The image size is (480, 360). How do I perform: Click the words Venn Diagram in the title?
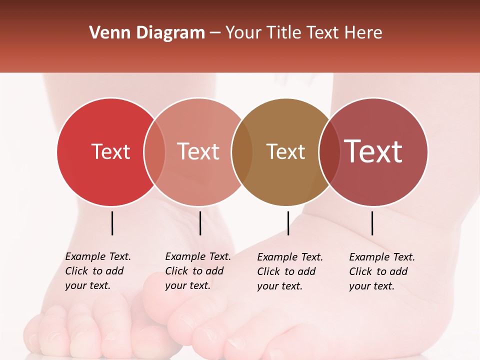click(x=147, y=33)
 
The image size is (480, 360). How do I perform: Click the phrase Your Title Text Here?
click(x=303, y=33)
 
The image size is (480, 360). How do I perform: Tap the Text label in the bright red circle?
click(x=110, y=151)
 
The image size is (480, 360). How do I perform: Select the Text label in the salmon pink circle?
click(x=198, y=151)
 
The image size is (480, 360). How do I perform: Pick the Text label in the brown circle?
click(x=285, y=151)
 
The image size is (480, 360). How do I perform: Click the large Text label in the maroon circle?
click(x=373, y=151)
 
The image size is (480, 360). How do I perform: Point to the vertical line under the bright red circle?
click(x=112, y=223)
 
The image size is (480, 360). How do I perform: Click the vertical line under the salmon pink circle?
click(x=200, y=223)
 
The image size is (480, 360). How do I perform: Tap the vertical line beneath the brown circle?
click(x=288, y=223)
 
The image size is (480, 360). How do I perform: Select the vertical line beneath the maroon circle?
click(x=372, y=223)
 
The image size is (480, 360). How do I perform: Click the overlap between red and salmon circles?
click(x=154, y=151)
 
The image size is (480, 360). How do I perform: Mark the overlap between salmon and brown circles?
click(x=241, y=151)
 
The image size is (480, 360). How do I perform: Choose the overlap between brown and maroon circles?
click(x=329, y=151)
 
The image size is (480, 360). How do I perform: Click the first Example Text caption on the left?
click(x=97, y=271)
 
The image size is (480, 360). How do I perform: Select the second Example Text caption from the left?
click(x=197, y=271)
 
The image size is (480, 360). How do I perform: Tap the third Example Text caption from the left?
click(x=289, y=271)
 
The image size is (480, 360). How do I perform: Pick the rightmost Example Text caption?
click(x=381, y=271)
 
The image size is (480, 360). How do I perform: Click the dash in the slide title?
click(x=215, y=33)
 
